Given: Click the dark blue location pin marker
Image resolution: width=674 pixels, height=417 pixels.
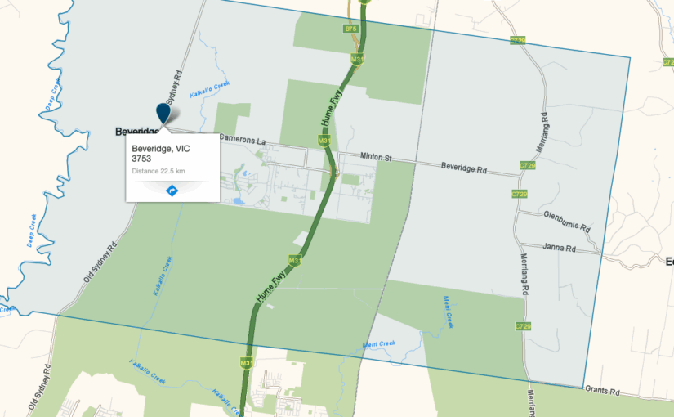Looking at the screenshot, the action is tap(163, 113).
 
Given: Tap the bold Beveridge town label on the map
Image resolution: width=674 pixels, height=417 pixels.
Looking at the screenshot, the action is tap(135, 131).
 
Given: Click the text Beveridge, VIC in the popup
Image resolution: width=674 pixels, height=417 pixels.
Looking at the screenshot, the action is tap(160, 149).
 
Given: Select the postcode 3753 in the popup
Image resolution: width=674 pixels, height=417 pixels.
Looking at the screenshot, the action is tap(141, 159).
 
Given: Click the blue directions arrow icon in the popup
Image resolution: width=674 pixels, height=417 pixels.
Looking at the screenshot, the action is tap(172, 191).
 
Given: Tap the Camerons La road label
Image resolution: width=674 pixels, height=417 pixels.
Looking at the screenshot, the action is tap(242, 141).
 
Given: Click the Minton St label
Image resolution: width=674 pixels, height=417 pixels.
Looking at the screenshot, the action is tap(359, 156).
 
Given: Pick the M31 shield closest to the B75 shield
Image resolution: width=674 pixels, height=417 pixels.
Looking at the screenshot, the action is tap(357, 60).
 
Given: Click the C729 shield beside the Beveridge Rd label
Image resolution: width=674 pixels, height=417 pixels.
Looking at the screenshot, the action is tap(527, 165).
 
